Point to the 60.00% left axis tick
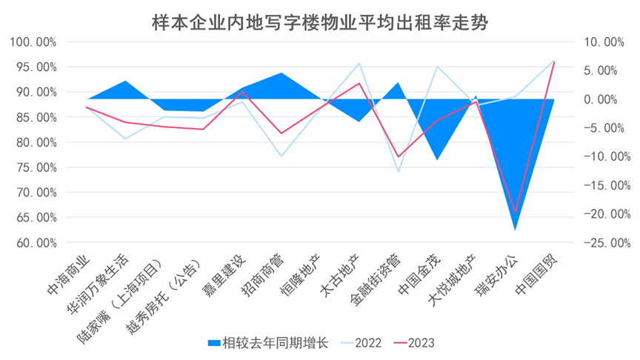tap(36, 242)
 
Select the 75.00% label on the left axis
tap(36, 167)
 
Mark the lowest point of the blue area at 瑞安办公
tap(515, 230)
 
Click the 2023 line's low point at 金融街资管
tap(398, 157)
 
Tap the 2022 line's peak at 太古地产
tap(359, 64)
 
